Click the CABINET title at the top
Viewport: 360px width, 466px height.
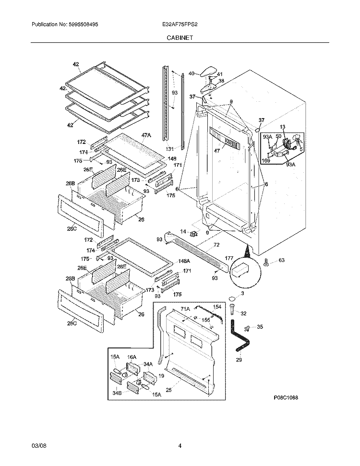tap(180, 37)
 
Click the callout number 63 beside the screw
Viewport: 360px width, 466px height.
tap(282, 261)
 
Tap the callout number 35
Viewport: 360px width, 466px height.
tap(260, 327)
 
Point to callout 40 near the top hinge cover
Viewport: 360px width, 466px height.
tap(191, 73)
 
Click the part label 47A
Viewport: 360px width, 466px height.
tap(146, 136)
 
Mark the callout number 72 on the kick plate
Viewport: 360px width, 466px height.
tap(216, 245)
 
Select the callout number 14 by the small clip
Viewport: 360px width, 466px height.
tap(182, 231)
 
